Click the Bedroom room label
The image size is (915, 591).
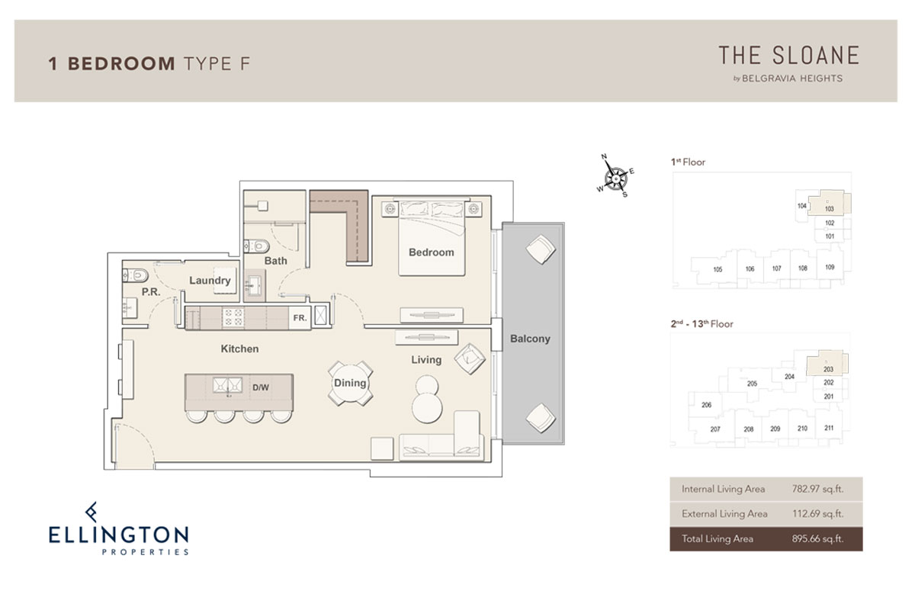pos(432,252)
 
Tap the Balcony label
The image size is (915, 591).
pos(530,339)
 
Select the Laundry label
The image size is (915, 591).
pos(210,280)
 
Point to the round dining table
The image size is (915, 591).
pos(351,383)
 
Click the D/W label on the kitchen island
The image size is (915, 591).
pos(261,387)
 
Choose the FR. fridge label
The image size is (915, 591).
pos(300,318)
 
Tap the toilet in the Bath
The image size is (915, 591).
pos(256,246)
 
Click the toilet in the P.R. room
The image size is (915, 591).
pos(135,275)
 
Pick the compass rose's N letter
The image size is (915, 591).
pos(604,156)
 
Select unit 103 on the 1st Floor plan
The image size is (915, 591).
pos(830,209)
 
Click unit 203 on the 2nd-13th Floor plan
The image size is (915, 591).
pos(828,369)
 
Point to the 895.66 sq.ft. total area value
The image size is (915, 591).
pos(817,538)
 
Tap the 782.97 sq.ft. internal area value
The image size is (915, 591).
pos(817,489)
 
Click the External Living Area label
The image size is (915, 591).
pos(724,514)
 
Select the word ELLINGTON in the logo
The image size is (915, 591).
pos(118,535)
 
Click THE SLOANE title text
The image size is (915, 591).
pos(788,56)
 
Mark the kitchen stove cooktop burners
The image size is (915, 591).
pos(233,318)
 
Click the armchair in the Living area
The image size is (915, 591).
pos(470,359)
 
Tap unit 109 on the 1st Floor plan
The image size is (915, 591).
pos(830,267)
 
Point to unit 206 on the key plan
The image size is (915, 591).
pos(706,405)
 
